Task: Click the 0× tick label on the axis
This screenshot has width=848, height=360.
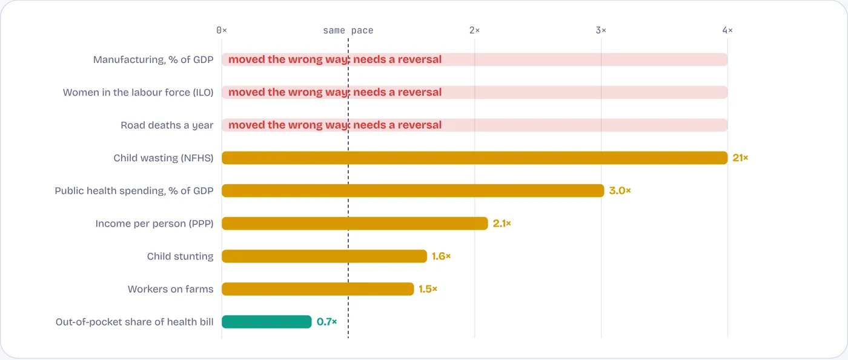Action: click(222, 30)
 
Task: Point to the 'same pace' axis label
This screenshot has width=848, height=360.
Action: click(348, 30)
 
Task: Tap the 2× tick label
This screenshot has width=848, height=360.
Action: click(474, 30)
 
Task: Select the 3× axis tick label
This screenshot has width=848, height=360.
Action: click(601, 30)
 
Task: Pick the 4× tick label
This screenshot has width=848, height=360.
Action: click(727, 30)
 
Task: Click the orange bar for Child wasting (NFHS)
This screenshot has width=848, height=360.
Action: click(475, 158)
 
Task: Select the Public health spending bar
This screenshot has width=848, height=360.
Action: click(413, 191)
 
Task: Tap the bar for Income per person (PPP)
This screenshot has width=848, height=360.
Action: click(355, 223)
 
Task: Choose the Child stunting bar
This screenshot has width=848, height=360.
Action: click(325, 256)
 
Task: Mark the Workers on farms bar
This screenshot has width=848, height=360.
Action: click(317, 288)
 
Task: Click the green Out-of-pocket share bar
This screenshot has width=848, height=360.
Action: click(267, 322)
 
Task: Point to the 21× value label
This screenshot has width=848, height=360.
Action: click(740, 158)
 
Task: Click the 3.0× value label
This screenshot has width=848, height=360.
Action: click(620, 191)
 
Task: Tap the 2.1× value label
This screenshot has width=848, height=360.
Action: click(502, 223)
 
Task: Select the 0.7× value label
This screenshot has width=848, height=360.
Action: click(326, 322)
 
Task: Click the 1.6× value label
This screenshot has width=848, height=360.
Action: click(441, 256)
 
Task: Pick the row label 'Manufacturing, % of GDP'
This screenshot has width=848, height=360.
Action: click(153, 60)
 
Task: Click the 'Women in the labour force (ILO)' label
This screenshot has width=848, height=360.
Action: click(138, 93)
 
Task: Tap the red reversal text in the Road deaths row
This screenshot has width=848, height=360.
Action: click(335, 125)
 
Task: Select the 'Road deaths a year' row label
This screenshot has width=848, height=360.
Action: click(167, 125)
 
